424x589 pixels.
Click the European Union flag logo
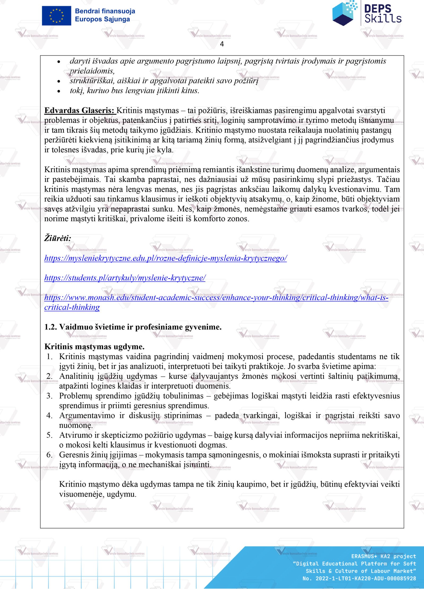[56, 16]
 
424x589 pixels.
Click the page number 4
[222, 44]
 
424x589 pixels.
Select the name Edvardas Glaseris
[79, 110]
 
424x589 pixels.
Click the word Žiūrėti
[58, 238]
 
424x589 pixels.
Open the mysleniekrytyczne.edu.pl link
[165, 258]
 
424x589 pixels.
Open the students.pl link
[125, 278]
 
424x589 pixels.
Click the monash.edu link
[216, 298]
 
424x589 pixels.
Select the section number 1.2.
[51, 327]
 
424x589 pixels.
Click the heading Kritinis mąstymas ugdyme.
[94, 347]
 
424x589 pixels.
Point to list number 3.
[49, 396]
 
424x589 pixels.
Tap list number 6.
[49, 455]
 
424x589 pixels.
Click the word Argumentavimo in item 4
[87, 416]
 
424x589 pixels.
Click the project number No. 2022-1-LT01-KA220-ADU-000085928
[359, 578]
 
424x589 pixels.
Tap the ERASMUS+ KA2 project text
[383, 556]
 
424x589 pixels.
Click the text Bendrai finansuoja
[105, 11]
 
